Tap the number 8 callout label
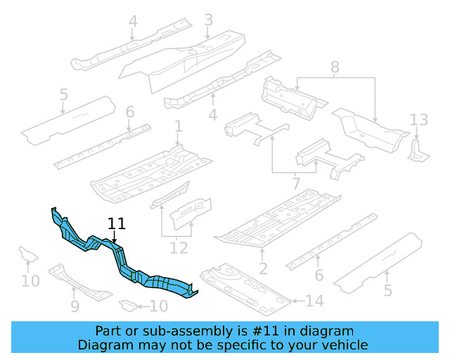tap(335, 67)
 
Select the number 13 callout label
tap(419, 120)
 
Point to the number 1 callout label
tap(179, 127)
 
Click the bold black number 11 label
tap(117, 224)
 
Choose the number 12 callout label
tap(179, 247)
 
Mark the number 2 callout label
tap(263, 268)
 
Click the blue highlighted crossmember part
tap(120, 260)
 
